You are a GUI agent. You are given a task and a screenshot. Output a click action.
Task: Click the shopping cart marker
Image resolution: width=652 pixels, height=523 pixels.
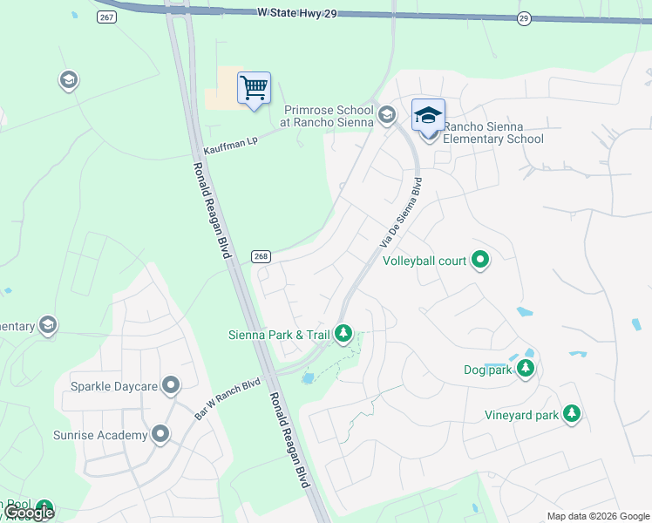pos(254,88)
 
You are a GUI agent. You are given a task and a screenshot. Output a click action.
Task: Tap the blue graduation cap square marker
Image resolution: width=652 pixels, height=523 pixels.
pos(428,115)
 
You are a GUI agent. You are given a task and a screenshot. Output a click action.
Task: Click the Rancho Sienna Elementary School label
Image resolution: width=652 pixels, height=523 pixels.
pos(493,132)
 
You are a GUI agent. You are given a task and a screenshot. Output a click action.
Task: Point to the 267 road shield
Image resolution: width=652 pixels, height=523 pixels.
pos(106,18)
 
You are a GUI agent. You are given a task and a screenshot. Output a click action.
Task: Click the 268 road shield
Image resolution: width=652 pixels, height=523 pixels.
pos(260,256)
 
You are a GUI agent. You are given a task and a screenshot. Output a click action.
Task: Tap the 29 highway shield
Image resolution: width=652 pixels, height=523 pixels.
pos(523,18)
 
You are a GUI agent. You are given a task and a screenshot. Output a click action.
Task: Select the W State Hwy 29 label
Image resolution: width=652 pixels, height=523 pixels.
pos(296,13)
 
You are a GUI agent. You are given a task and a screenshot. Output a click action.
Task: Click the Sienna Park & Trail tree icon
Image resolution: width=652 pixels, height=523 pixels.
pos(344,334)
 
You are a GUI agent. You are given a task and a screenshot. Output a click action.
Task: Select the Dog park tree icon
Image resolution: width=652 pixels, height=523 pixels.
pos(525,370)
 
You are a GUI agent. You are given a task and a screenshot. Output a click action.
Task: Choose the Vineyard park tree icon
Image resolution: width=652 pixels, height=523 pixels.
pos(572,414)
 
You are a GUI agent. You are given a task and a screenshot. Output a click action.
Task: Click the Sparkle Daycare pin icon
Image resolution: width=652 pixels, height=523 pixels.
pos(171,384)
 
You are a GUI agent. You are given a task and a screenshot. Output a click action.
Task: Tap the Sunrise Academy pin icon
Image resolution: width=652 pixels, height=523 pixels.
pos(160,434)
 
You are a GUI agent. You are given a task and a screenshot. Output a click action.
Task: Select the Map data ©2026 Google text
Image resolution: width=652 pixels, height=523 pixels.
pos(598,516)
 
